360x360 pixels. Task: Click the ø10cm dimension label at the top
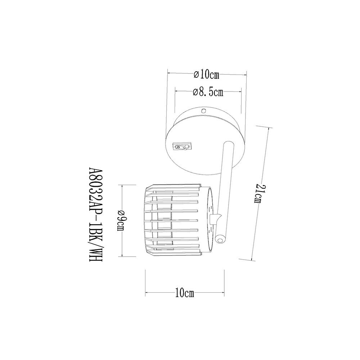(206, 75)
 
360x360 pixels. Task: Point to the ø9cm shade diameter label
(121, 221)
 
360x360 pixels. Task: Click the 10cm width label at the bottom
(185, 293)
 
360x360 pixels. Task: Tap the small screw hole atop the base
(203, 111)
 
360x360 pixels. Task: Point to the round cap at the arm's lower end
(220, 240)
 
